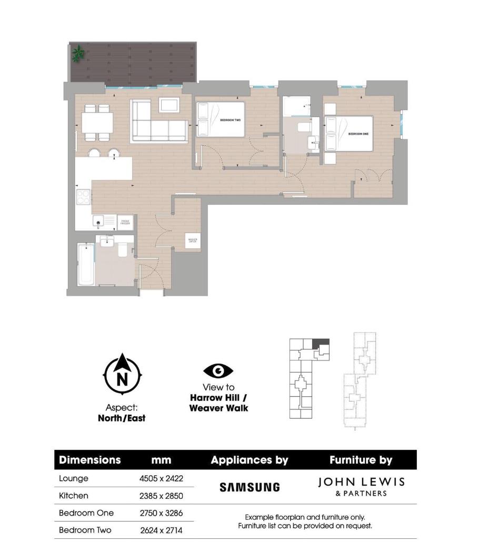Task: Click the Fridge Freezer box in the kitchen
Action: click(x=125, y=222)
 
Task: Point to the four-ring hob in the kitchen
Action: click(x=84, y=197)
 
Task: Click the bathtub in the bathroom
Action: click(x=85, y=264)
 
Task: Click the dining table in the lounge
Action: click(x=97, y=124)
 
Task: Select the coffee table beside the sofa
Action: click(x=170, y=105)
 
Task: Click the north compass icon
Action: click(x=122, y=374)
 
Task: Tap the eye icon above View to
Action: click(x=218, y=372)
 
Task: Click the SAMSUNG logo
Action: click(x=250, y=487)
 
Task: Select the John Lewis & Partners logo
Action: click(x=361, y=486)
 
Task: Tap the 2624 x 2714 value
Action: click(x=161, y=530)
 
